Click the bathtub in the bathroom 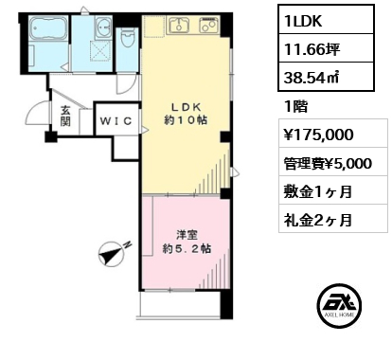pyautogui.click(x=48, y=27)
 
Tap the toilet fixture pyautogui.click(x=128, y=38)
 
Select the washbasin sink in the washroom pyautogui.click(x=103, y=27)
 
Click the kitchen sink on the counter pyautogui.click(x=179, y=25)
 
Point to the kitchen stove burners pyautogui.click(x=208, y=25)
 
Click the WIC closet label pyautogui.click(x=116, y=121)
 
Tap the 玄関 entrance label pyautogui.click(x=65, y=116)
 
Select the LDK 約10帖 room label pyautogui.click(x=186, y=114)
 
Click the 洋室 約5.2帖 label pyautogui.click(x=187, y=242)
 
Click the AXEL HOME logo pyautogui.click(x=339, y=306)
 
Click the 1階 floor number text pyautogui.click(x=296, y=106)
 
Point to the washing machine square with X pyautogui.click(x=100, y=50)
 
